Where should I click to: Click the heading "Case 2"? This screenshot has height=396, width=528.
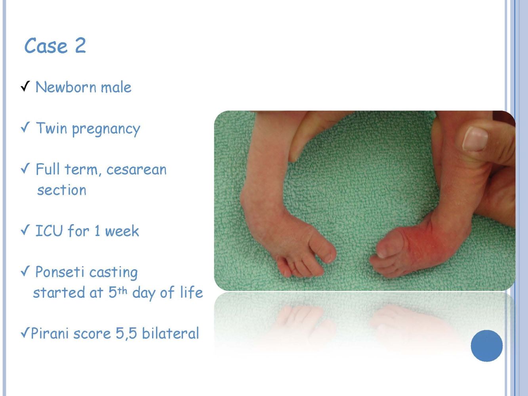[x=55, y=46]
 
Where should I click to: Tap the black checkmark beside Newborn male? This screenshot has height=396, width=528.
[x=25, y=86]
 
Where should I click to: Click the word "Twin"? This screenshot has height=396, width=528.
[x=51, y=128]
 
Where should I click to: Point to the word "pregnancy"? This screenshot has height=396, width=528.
[x=106, y=129]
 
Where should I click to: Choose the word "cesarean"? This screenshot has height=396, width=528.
[x=136, y=170]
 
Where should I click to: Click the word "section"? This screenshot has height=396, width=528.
[x=62, y=190]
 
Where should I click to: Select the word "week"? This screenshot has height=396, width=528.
[x=122, y=231]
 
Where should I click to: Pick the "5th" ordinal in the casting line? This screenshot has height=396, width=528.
[x=118, y=292]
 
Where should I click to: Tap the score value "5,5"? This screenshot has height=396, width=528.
[x=126, y=334]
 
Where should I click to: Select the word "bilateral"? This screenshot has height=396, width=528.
[x=170, y=333]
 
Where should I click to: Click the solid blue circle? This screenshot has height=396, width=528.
[x=487, y=346]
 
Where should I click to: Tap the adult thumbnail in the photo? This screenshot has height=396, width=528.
[x=475, y=139]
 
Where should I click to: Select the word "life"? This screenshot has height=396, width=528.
[x=191, y=292]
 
